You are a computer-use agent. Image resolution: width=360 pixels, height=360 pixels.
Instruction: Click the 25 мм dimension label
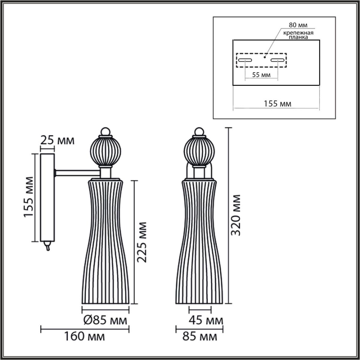[57, 140]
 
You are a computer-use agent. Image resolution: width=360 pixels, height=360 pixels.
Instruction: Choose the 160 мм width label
[85, 336]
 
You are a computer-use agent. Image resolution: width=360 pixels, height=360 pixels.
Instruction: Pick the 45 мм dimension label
[206, 320]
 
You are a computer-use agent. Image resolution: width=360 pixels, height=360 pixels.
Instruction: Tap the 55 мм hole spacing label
[261, 75]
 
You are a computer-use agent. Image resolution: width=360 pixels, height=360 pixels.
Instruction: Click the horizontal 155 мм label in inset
[277, 104]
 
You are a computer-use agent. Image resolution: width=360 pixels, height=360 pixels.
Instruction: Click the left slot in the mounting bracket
[245, 60]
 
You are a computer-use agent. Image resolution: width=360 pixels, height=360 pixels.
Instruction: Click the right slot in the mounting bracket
[277, 60]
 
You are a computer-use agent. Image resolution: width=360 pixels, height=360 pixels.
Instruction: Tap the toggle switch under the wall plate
[47, 246]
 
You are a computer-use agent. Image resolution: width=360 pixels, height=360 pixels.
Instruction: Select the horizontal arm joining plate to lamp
[77, 172]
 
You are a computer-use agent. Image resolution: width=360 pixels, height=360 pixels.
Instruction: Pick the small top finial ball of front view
[198, 131]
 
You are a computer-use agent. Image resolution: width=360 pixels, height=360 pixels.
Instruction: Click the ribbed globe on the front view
[198, 151]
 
